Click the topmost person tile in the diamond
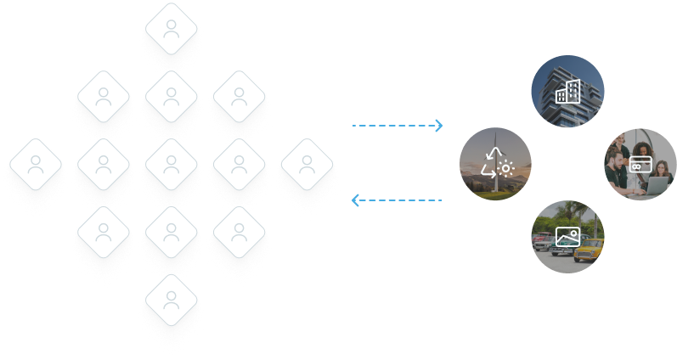pos(172,32)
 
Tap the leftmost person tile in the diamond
pos(36,166)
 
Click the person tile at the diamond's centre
pos(172,166)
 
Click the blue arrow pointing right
pos(398,128)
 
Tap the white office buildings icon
pos(567,91)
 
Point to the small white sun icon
pos(506,168)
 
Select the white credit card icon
pos(640,163)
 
